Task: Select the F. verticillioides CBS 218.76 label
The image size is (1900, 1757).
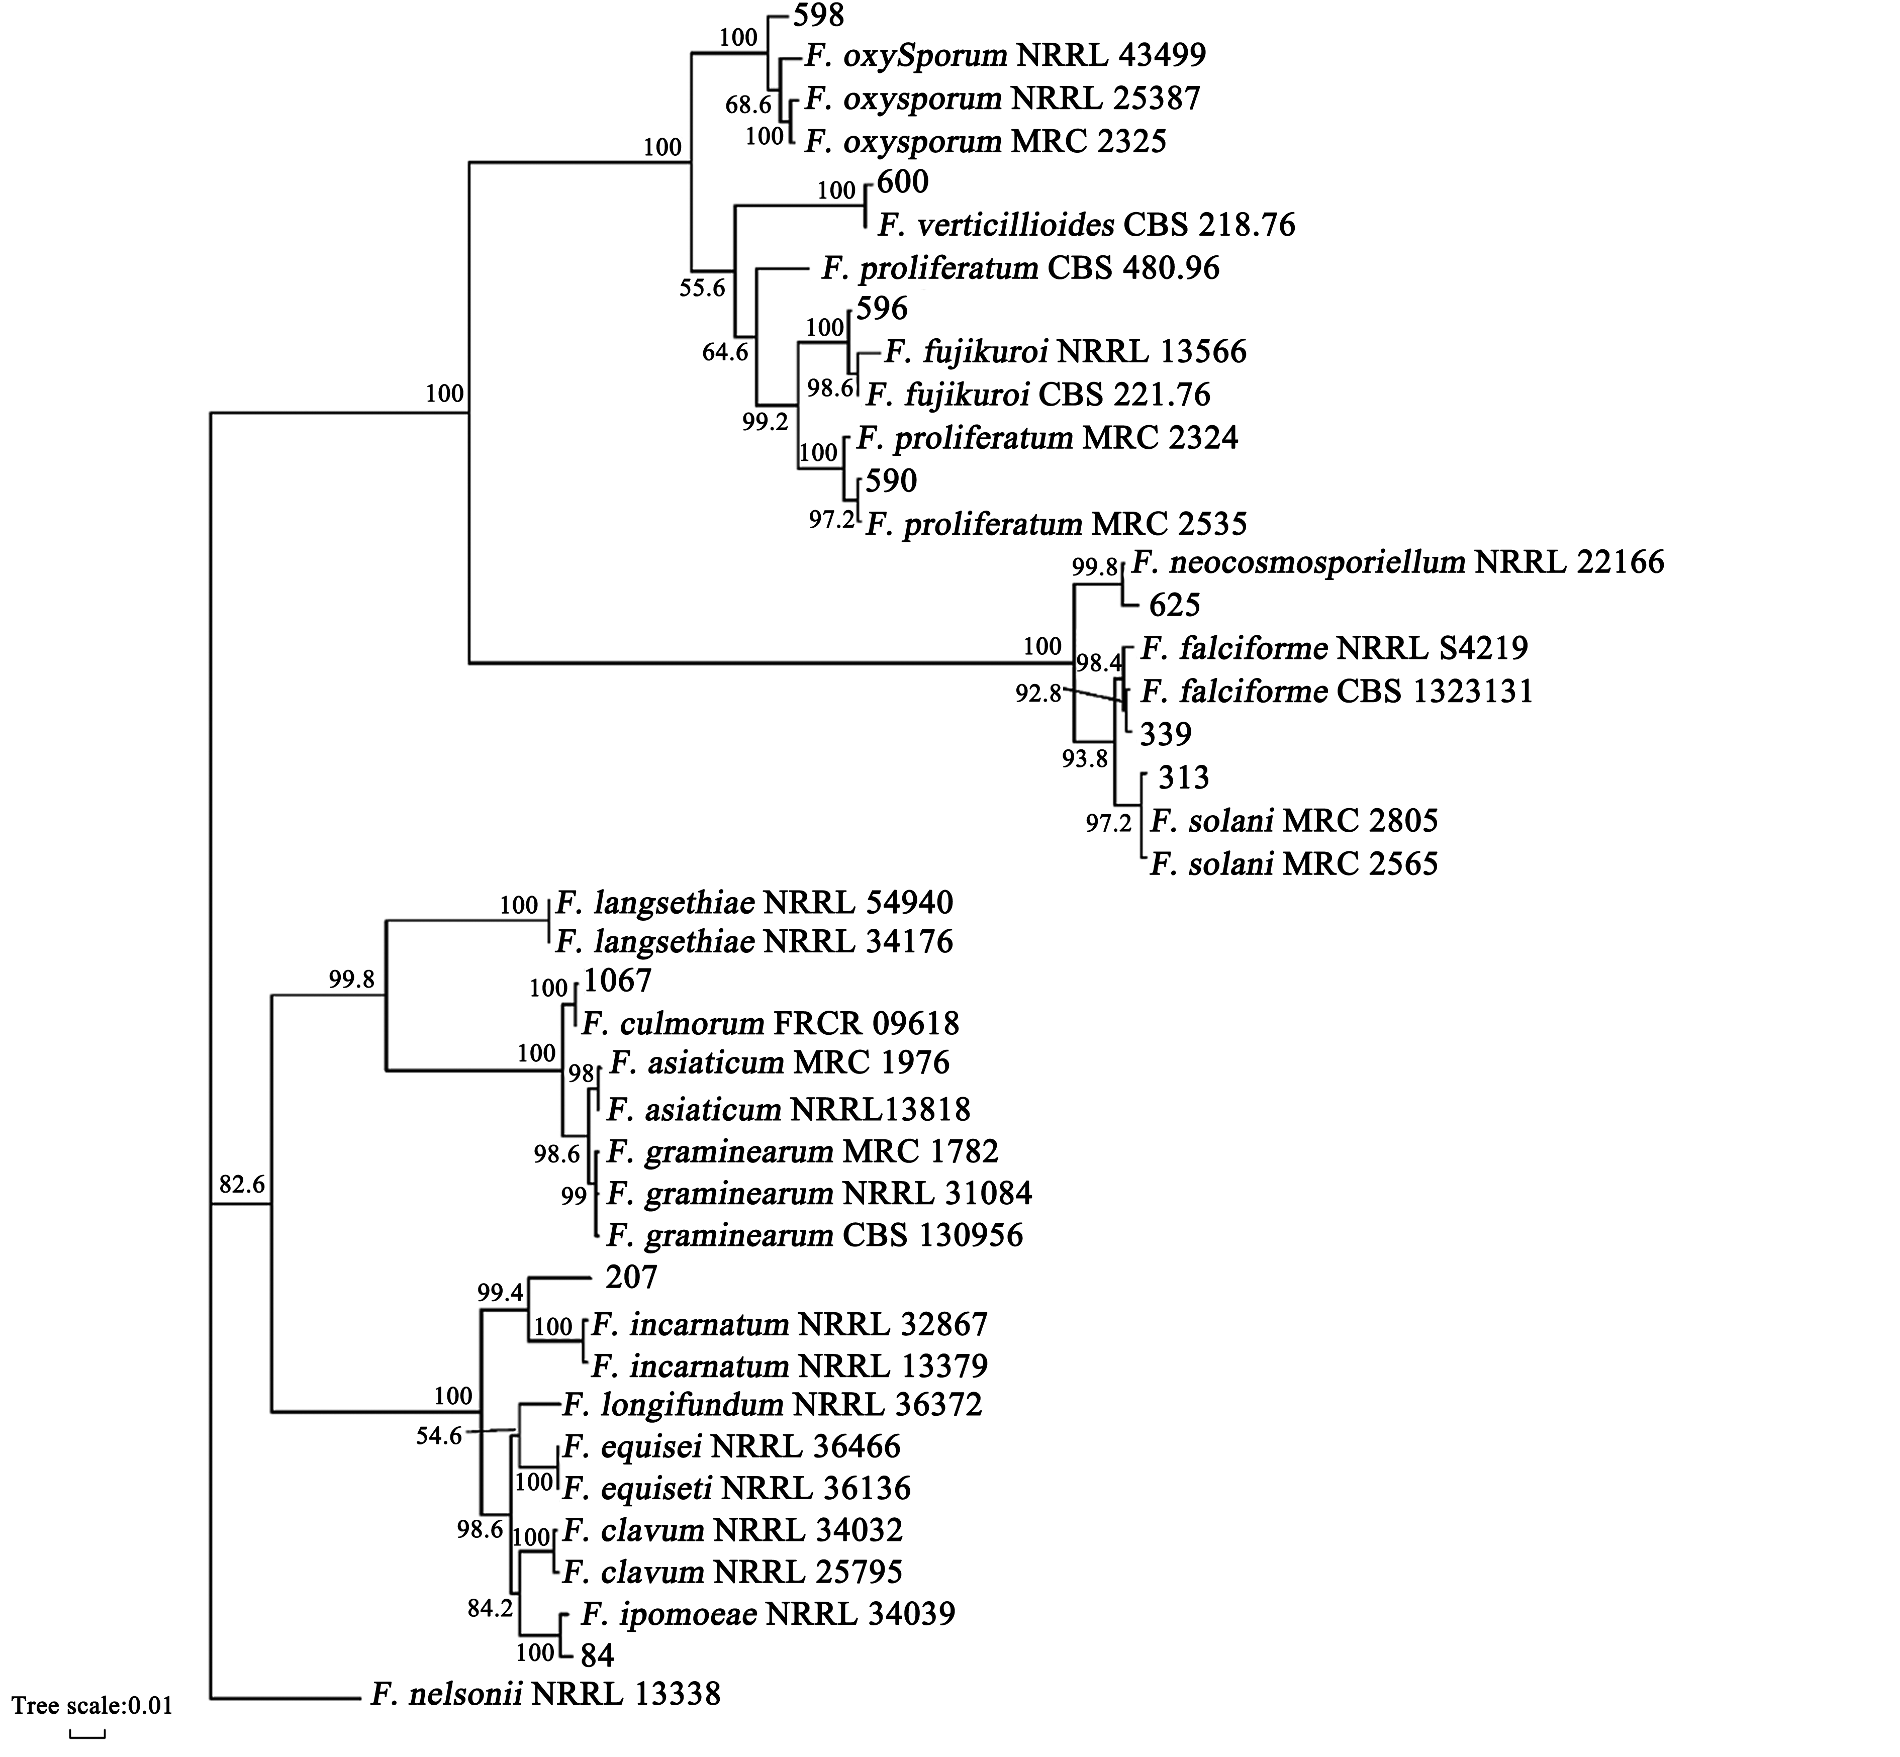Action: pos(1086,225)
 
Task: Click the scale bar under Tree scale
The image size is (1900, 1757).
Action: pos(87,1734)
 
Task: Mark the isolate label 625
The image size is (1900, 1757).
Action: pos(1174,605)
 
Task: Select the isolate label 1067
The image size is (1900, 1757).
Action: pos(618,980)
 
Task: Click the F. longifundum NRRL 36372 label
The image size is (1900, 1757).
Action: pos(772,1404)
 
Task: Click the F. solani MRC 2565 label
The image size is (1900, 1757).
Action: pos(1293,864)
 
